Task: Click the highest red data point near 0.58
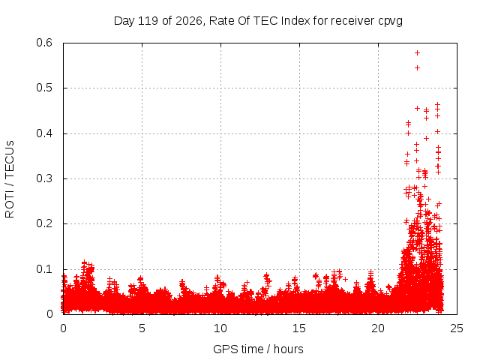pos(417,53)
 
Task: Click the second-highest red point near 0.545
pos(417,67)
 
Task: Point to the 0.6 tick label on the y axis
pos(44,43)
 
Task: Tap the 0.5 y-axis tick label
pos(44,88)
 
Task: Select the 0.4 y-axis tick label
pos(44,133)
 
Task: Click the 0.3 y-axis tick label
pos(44,178)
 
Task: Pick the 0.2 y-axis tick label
pos(44,223)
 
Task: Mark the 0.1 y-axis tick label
pos(44,269)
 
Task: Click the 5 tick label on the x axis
pos(142,328)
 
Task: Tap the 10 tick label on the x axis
pos(220,328)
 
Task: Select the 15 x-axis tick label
pos(299,328)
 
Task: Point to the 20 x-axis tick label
pos(378,328)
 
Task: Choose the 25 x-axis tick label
pos(457,328)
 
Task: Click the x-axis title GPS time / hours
pos(258,349)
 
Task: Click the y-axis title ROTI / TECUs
pos(10,179)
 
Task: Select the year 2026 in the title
pos(188,21)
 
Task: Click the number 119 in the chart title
pos(148,21)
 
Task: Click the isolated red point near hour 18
pos(345,279)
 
